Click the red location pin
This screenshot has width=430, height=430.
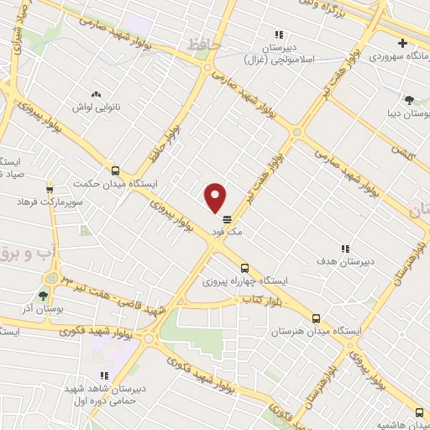[x=216, y=197]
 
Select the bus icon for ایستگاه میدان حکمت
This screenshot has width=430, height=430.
[x=115, y=170]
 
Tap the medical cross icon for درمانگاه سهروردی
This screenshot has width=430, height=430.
[x=404, y=44]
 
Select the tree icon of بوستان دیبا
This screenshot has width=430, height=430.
[x=409, y=99]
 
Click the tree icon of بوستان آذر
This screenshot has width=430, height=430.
[x=43, y=295]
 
